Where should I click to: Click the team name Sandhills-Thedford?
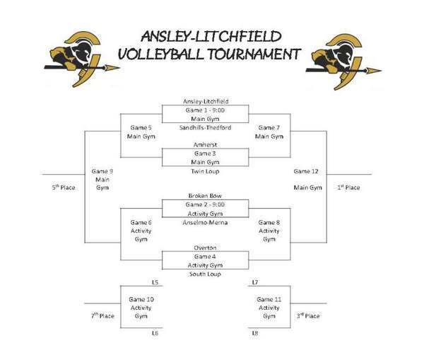[206, 127]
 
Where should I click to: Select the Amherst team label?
[206, 144]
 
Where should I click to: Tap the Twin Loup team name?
[206, 170]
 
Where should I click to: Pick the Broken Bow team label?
[206, 195]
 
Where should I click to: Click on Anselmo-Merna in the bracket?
[206, 221]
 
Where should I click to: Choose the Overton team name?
[206, 248]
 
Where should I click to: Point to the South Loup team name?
[206, 273]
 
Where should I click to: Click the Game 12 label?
[307, 171]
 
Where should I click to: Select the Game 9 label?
[103, 171]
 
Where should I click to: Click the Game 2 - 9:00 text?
[206, 203]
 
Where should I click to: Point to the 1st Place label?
[348, 187]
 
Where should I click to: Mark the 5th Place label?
[64, 187]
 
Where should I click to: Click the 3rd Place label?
[308, 315]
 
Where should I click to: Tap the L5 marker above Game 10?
[155, 282]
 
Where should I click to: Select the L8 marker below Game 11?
[255, 332]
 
